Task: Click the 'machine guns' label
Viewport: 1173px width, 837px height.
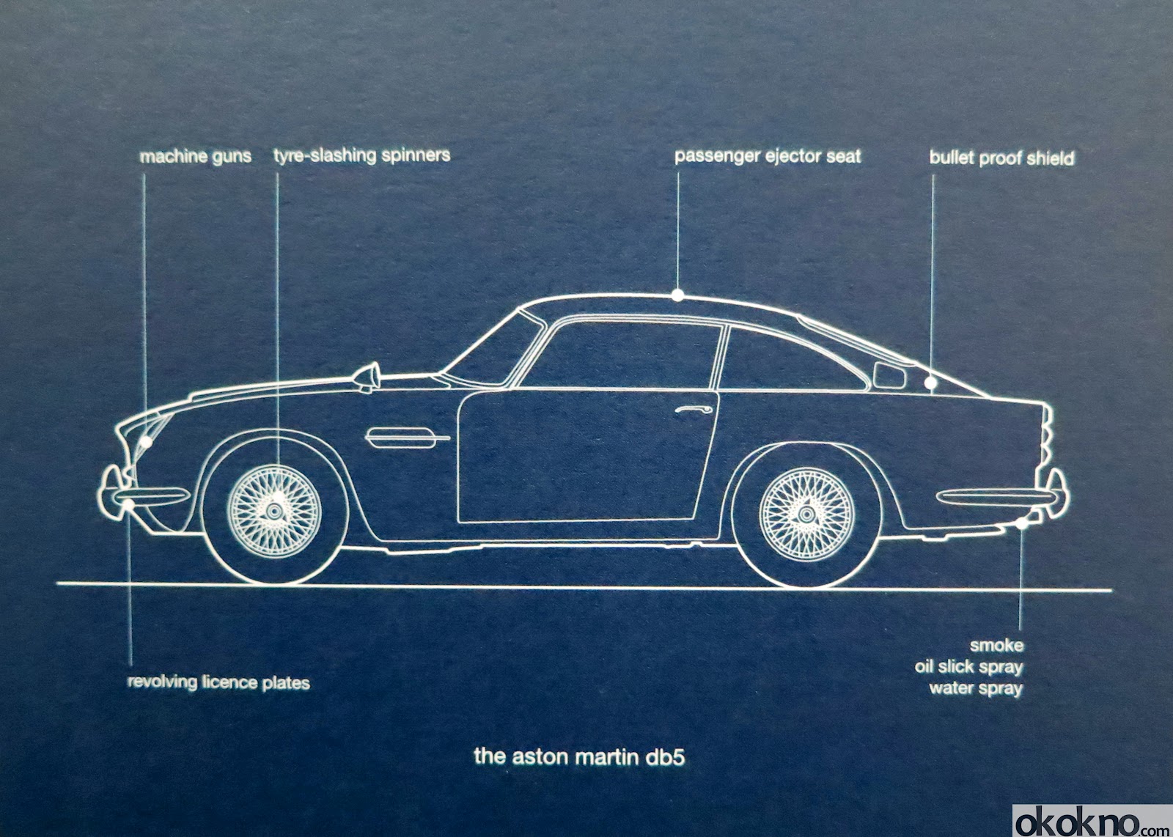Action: (x=195, y=156)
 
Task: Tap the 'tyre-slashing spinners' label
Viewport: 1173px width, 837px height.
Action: (x=361, y=155)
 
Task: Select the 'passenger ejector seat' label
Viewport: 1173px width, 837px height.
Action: (x=768, y=156)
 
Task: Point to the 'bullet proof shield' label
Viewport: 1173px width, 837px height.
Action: (x=1001, y=158)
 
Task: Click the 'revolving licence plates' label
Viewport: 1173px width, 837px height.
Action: (x=218, y=682)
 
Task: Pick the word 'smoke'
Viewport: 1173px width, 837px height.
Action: (x=996, y=646)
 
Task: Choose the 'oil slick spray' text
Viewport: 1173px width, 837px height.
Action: (x=968, y=667)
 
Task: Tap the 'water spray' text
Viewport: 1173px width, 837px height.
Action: (x=975, y=688)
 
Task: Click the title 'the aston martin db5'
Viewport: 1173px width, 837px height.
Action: (x=579, y=756)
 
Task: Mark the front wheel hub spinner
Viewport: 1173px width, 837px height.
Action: (x=276, y=505)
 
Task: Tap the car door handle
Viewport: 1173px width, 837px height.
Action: (x=693, y=409)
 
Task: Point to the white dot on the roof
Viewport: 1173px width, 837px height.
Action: (x=678, y=295)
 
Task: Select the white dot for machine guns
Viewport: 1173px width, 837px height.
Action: (x=147, y=442)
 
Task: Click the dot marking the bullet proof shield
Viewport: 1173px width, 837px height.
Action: (x=930, y=383)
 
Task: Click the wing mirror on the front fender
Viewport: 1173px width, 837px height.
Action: (x=369, y=377)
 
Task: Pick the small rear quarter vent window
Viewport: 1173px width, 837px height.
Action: (x=889, y=375)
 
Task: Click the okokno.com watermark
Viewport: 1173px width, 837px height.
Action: (x=1092, y=821)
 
